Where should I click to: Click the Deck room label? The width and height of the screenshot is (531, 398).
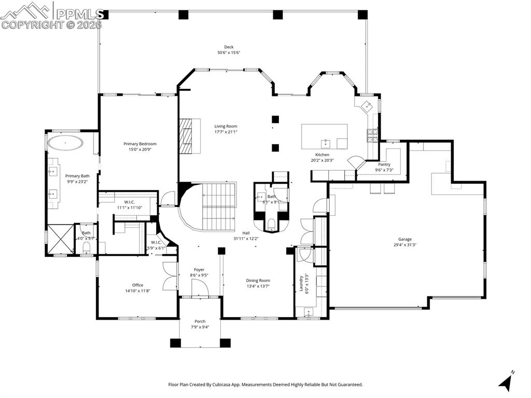pos(229,47)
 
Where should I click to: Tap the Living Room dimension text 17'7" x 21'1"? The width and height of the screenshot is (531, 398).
pos(226,132)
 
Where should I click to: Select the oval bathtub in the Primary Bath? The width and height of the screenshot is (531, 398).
pos(65,143)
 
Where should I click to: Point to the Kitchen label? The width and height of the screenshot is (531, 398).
pos(323,155)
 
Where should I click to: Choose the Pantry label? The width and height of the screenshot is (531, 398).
pos(384,164)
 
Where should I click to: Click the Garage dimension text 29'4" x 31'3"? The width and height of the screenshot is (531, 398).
pos(405,245)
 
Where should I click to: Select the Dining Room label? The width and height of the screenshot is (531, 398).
pos(258,280)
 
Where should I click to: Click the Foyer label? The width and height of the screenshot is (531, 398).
pos(199,270)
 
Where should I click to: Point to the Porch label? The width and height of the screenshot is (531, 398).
pos(200,321)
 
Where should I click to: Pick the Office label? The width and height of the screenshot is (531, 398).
pos(137,285)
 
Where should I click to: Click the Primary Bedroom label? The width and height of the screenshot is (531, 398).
pos(140,144)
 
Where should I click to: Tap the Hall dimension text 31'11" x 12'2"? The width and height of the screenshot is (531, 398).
pos(246,239)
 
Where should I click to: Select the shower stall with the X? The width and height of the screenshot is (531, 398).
pos(60,239)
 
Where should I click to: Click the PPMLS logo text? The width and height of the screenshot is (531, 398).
pos(79,13)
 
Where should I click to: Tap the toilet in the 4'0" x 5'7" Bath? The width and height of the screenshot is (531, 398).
pos(87,248)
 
